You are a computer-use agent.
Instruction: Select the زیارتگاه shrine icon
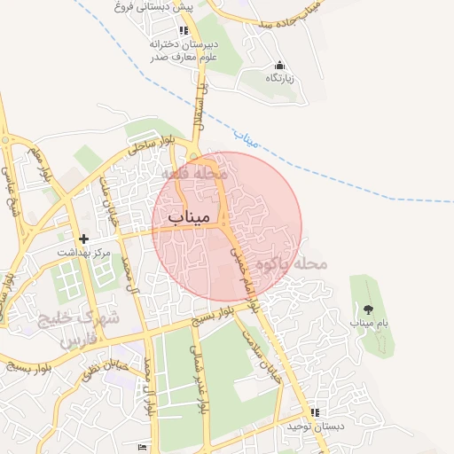[280, 65]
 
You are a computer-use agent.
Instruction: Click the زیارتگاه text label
[280, 79]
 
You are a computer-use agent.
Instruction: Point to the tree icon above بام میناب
[368, 309]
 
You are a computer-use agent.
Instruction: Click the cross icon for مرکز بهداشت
[84, 239]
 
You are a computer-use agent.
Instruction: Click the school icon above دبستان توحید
[314, 413]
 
